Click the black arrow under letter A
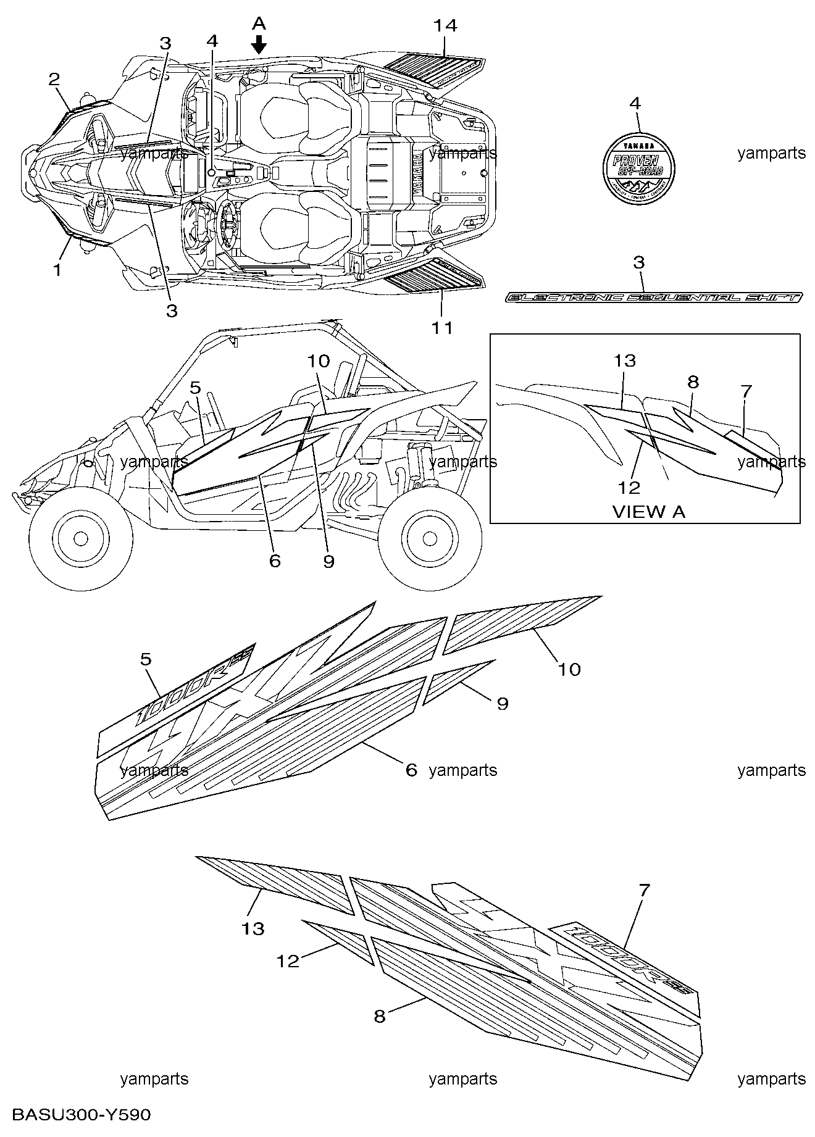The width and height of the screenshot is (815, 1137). point(259,44)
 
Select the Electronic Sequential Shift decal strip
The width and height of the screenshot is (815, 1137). point(654,298)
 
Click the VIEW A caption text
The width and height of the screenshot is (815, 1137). point(648,511)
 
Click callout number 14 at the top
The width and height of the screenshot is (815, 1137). point(445,26)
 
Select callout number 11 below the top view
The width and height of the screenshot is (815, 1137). point(442,327)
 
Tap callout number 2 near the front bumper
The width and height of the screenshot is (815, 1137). point(54,79)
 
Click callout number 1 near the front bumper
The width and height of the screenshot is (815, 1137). point(57,269)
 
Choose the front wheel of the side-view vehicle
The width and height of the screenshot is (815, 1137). point(80,539)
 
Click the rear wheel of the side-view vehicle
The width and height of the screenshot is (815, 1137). point(430,539)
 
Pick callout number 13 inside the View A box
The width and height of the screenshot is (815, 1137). point(625,360)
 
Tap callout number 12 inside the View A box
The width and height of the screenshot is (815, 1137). point(629,487)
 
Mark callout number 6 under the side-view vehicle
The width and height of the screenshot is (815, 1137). point(275,560)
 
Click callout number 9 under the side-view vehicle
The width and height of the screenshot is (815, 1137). point(328,560)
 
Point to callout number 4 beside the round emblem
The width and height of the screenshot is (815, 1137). point(635,104)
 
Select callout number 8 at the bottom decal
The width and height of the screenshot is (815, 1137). point(380,1015)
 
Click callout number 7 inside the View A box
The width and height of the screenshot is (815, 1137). point(746,391)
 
